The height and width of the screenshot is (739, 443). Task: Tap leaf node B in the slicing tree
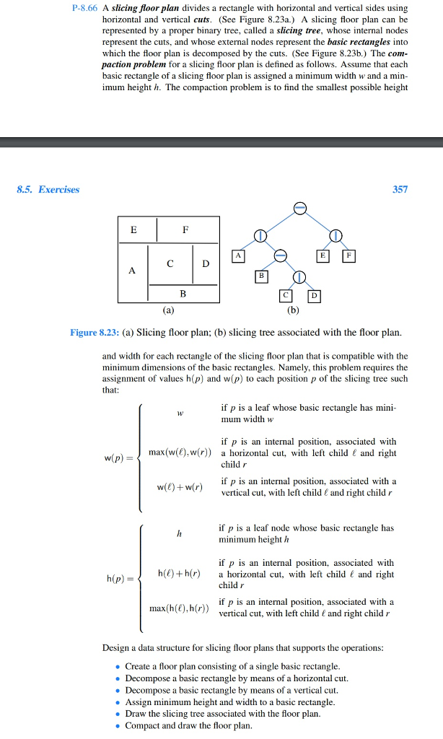pyautogui.click(x=262, y=276)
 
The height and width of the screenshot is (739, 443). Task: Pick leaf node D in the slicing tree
pyautogui.click(x=315, y=296)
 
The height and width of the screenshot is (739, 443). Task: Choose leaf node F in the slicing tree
pyautogui.click(x=350, y=256)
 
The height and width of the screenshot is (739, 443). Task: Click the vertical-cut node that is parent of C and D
pyautogui.click(x=299, y=276)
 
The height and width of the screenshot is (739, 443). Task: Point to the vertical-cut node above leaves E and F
pyautogui.click(x=335, y=235)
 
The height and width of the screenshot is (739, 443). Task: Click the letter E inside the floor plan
pyautogui.click(x=133, y=229)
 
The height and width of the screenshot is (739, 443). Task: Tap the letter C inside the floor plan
pyautogui.click(x=170, y=264)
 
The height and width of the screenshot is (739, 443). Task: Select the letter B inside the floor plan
pyautogui.click(x=183, y=294)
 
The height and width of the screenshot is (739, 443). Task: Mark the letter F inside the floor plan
pyautogui.click(x=185, y=229)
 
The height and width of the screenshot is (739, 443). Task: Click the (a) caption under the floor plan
pyautogui.click(x=167, y=311)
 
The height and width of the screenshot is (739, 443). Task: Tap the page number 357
pyautogui.click(x=400, y=190)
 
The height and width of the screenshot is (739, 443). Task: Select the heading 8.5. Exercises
pyautogui.click(x=48, y=190)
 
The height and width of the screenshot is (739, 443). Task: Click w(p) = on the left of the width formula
pyautogui.click(x=120, y=458)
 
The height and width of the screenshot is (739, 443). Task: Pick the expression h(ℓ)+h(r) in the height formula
pyautogui.click(x=177, y=574)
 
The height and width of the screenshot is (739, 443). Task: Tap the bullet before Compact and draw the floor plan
pyautogui.click(x=118, y=725)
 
